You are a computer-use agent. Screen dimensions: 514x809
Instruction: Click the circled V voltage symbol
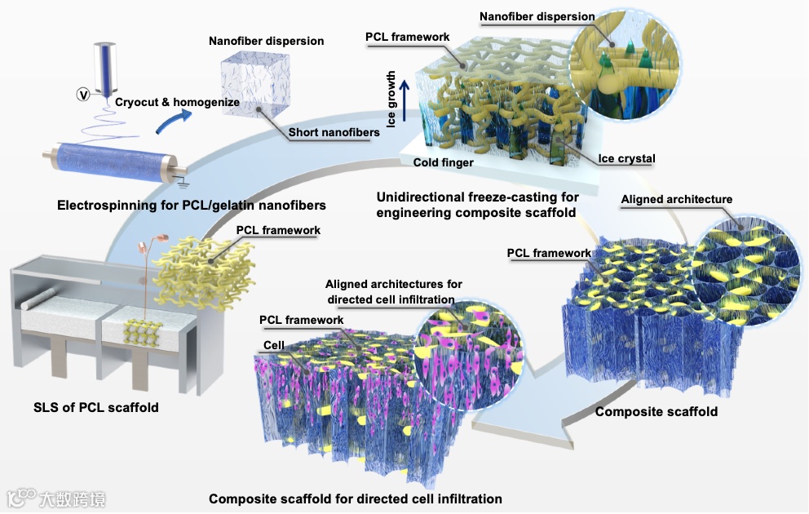tap(82, 95)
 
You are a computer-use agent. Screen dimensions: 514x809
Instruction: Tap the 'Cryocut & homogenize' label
tap(177, 102)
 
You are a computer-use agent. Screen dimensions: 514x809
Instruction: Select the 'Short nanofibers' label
tap(333, 134)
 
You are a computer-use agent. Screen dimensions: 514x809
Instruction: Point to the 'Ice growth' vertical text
tap(391, 100)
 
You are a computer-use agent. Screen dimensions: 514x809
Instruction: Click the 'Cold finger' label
tap(444, 162)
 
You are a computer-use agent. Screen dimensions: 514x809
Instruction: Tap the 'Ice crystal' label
tap(626, 158)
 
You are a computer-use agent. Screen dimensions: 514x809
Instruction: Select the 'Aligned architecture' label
tap(676, 199)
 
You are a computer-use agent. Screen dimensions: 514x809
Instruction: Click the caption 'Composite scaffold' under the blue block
tap(656, 411)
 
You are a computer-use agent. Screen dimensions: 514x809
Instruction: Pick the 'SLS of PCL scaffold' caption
tap(95, 406)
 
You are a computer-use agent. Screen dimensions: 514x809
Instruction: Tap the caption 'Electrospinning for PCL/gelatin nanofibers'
tap(192, 204)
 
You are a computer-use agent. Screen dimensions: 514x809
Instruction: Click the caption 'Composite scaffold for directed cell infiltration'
tap(355, 498)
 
